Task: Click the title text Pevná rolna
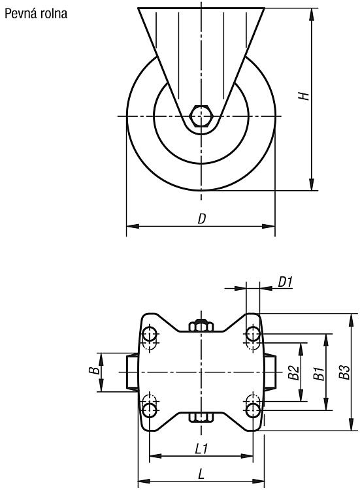36,14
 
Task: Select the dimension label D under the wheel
202,219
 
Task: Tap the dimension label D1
285,282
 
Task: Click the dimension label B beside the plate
94,370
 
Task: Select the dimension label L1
201,449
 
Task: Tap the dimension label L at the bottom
202,474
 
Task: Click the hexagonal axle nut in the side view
202,116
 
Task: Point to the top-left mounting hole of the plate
150,335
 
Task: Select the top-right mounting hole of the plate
253,334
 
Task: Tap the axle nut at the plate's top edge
202,325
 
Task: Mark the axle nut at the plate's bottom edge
202,417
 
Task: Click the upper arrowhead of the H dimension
312,14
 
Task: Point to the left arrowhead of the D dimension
133,226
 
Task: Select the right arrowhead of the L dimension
259,480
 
